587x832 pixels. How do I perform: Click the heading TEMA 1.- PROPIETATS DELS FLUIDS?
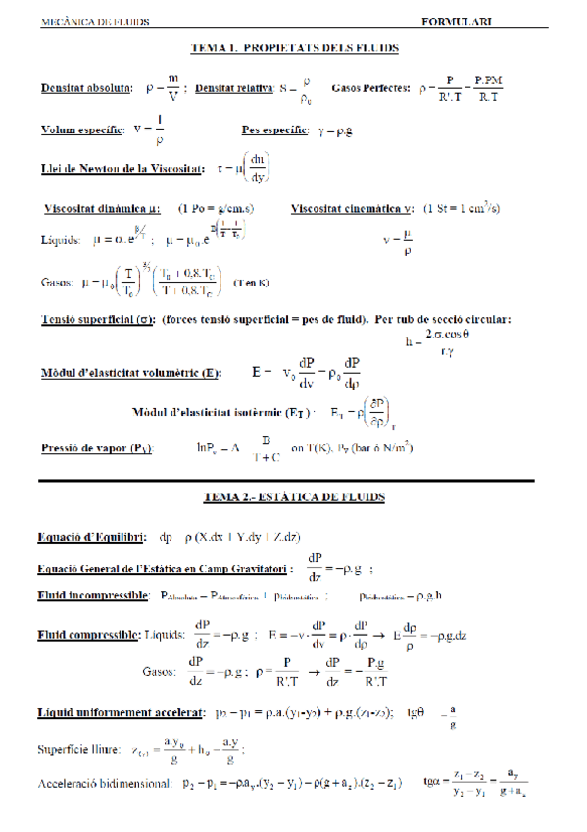click(x=294, y=47)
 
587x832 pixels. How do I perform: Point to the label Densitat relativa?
click(x=234, y=88)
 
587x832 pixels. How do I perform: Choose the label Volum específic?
click(x=83, y=129)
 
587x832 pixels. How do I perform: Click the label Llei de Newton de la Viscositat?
click(x=122, y=168)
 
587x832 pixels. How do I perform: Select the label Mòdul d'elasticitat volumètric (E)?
click(x=131, y=374)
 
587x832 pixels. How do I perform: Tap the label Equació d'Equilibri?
click(x=91, y=537)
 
